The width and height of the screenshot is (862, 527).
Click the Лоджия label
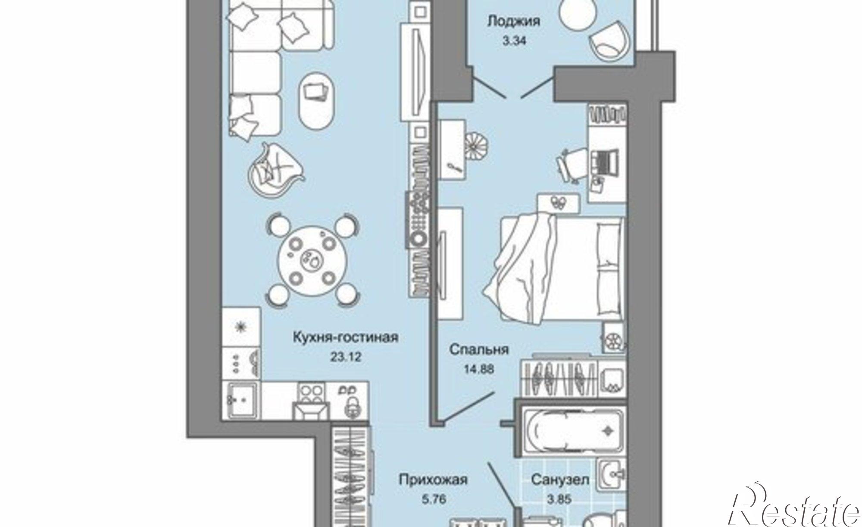click(514, 21)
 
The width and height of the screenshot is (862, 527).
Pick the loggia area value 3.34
click(515, 41)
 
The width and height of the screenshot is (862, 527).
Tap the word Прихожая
click(433, 480)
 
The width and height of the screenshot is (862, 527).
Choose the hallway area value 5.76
click(431, 500)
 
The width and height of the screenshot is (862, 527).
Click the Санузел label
click(559, 480)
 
